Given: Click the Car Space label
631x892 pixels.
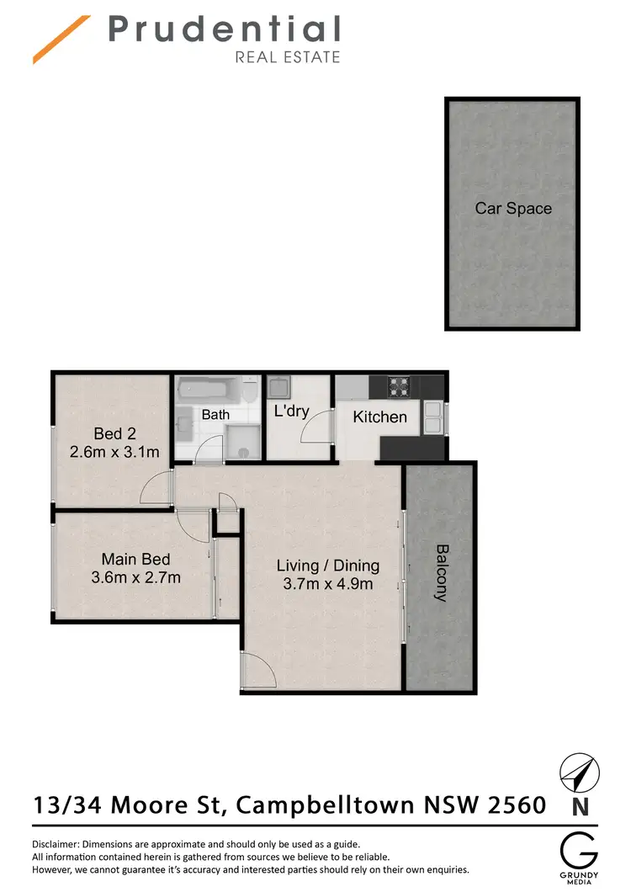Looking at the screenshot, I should [513, 208].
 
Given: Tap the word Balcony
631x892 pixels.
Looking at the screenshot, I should [441, 572].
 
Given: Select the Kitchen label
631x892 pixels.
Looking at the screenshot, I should [379, 417].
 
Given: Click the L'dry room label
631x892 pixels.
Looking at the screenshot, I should [292, 411].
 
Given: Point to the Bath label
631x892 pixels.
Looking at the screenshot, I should [215, 415].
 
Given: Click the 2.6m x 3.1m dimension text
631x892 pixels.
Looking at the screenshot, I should [114, 452].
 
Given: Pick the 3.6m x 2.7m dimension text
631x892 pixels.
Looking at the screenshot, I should [135, 577].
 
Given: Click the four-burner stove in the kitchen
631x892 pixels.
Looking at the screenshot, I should [398, 386].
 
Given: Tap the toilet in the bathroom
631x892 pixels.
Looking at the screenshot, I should [249, 392].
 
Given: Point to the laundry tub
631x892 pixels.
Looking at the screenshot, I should [278, 388].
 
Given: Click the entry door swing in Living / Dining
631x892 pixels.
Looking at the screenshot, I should [256, 673].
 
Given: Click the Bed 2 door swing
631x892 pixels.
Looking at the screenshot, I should [157, 489].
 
